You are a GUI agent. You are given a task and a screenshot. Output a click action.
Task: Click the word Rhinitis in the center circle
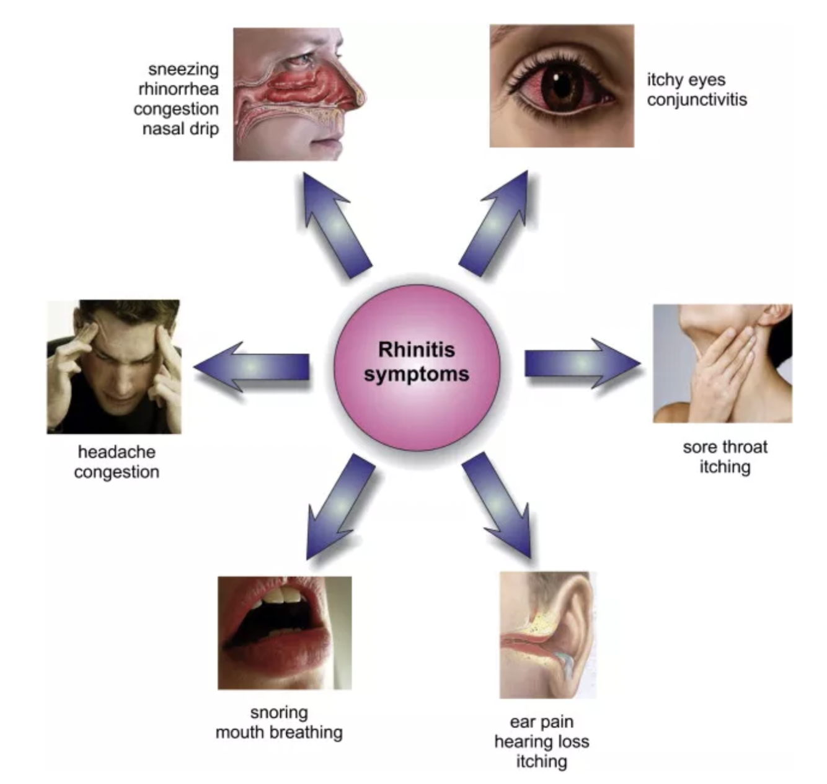pyautogui.click(x=416, y=349)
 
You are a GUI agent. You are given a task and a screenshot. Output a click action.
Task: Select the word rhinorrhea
pyautogui.click(x=179, y=89)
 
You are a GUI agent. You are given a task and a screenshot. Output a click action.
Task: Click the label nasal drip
pyautogui.click(x=180, y=128)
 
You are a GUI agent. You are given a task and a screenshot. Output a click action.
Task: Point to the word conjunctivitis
pyautogui.click(x=697, y=99)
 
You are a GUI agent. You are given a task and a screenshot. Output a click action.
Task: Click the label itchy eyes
pyautogui.click(x=686, y=79)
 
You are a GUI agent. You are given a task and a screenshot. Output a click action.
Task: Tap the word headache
pyautogui.click(x=117, y=452)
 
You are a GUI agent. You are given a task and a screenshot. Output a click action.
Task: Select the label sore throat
pyautogui.click(x=725, y=447)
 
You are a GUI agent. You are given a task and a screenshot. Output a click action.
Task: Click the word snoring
pyautogui.click(x=279, y=712)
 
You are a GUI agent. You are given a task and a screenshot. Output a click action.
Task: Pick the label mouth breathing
pyautogui.click(x=279, y=732)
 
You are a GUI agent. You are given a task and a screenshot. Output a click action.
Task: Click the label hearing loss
pyautogui.click(x=541, y=741)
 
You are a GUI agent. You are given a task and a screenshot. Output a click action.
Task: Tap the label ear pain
pyautogui.click(x=541, y=721)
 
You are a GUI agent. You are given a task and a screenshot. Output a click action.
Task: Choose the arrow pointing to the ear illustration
pyautogui.click(x=499, y=502)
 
